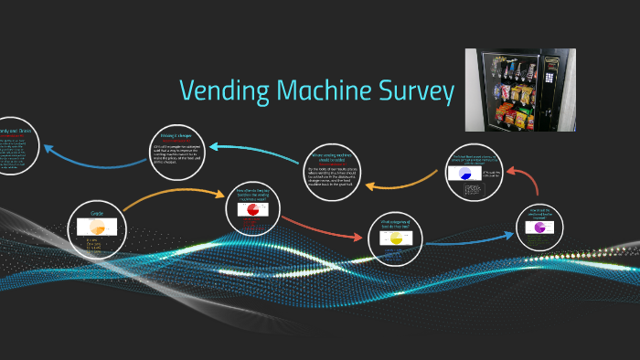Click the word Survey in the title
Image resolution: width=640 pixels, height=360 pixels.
tap(417, 91)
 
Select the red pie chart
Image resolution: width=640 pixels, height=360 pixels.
tap(249, 210)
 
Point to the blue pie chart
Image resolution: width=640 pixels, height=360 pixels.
tap(464, 174)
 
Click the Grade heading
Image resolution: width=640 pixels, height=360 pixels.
tap(97, 212)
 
